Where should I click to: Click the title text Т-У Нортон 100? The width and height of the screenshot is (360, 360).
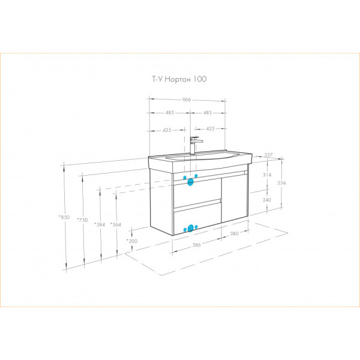click(x=179, y=79)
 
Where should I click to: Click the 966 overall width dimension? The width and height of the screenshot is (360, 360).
click(x=187, y=100)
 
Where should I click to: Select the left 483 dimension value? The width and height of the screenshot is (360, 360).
click(x=170, y=113)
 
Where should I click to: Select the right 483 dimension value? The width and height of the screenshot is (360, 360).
click(x=208, y=113)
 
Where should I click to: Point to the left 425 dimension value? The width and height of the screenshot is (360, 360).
click(x=167, y=130)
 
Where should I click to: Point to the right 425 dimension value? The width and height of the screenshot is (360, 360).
click(x=211, y=128)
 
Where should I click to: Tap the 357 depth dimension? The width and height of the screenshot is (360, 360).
click(x=268, y=155)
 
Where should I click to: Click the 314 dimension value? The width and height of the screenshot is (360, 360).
click(x=267, y=175)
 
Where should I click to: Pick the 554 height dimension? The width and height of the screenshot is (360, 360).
click(x=281, y=183)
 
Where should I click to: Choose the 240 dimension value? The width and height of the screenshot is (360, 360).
click(x=267, y=200)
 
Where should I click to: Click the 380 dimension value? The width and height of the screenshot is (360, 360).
click(x=235, y=233)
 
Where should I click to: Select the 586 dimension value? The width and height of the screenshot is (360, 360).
click(x=197, y=245)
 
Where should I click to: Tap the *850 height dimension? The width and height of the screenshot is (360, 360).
click(x=64, y=217)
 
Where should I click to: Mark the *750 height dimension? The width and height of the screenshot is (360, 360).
click(x=82, y=220)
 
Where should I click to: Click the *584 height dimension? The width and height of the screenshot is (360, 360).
click(x=100, y=224)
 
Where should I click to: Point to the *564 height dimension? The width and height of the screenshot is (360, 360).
click(x=116, y=224)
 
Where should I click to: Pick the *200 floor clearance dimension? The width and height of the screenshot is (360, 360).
click(x=132, y=241)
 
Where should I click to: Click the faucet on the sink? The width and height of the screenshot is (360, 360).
click(x=195, y=145)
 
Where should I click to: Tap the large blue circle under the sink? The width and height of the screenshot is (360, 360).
click(x=190, y=182)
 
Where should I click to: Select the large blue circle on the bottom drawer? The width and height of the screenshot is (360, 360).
click(x=190, y=228)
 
